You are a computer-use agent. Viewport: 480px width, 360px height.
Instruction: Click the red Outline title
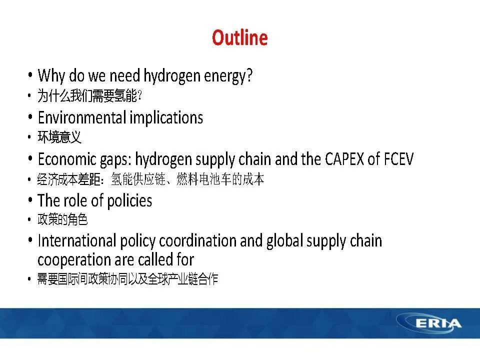coord(239,37)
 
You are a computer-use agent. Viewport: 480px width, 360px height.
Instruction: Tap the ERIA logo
coord(429,323)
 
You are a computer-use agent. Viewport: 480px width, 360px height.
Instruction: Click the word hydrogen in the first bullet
coord(172,76)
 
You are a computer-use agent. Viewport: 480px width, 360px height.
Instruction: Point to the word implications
coord(166,118)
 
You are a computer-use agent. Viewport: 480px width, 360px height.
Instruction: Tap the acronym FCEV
coord(398,159)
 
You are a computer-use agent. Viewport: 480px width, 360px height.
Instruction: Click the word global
coord(284,241)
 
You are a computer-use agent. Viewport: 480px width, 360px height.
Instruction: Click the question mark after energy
coord(249,75)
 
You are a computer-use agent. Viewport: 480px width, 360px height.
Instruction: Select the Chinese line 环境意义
coord(59,137)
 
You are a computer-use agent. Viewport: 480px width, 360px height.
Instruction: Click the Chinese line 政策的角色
coord(62,219)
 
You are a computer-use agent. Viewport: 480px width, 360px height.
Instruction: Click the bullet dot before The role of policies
coord(30,199)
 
